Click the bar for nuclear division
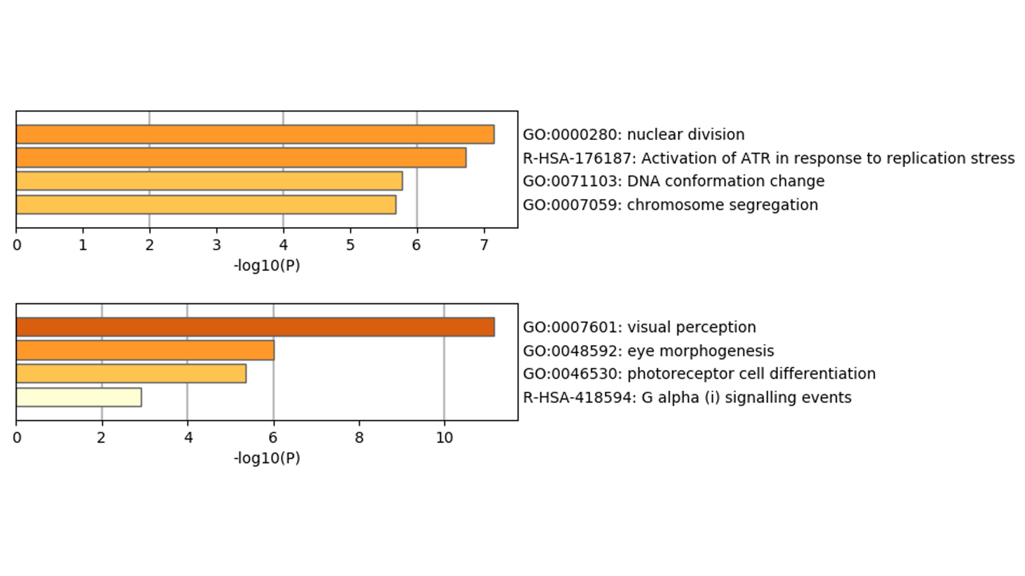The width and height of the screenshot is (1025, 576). click(255, 134)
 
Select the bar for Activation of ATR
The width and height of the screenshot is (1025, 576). click(241, 158)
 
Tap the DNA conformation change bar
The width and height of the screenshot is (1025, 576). click(209, 181)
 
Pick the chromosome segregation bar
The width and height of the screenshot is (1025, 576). click(206, 205)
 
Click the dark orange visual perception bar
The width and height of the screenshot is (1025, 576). click(255, 327)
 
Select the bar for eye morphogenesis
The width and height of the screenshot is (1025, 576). click(145, 351)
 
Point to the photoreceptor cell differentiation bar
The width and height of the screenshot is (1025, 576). click(131, 374)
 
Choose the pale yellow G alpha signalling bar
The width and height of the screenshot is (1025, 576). click(79, 397)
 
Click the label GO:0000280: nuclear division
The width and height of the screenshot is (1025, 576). click(633, 134)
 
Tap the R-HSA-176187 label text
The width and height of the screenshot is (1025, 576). click(768, 158)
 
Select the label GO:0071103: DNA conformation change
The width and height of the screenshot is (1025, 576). click(674, 181)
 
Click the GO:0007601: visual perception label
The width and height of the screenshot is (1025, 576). click(639, 327)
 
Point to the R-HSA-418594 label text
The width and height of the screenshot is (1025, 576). click(687, 398)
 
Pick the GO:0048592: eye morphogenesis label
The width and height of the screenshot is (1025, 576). click(648, 351)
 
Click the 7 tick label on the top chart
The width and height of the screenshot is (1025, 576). click(484, 245)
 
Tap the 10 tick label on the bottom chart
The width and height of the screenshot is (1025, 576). click(444, 438)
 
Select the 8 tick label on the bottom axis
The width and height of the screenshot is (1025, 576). click(359, 438)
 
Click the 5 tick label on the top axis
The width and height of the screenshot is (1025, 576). click(350, 245)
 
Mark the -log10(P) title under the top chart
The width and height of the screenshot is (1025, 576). click(267, 266)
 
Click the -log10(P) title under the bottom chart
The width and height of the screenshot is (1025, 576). click(267, 458)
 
